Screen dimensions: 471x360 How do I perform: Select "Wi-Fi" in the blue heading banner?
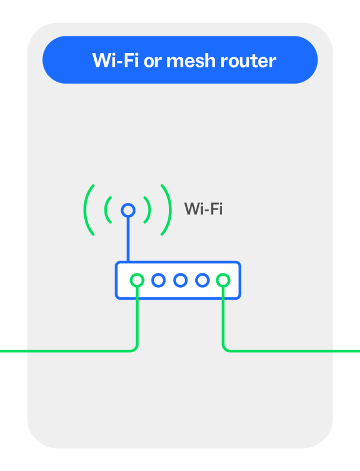pyautogui.click(x=116, y=60)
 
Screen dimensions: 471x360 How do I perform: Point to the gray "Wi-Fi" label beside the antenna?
pyautogui.click(x=204, y=209)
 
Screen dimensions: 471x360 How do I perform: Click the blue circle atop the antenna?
pyautogui.click(x=128, y=210)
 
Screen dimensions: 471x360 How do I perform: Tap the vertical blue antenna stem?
pyautogui.click(x=128, y=239)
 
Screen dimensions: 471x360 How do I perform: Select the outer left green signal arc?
pyautogui.click(x=88, y=210)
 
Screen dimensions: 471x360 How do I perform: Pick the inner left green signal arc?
pyautogui.click(x=108, y=210)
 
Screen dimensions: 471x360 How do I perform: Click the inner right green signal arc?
pyautogui.click(x=148, y=210)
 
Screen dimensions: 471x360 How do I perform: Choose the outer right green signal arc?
pyautogui.click(x=168, y=210)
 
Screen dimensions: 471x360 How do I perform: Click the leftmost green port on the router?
pyautogui.click(x=137, y=279)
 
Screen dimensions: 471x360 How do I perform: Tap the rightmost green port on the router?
pyautogui.click(x=223, y=279)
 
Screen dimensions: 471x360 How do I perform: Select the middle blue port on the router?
pyautogui.click(x=180, y=279)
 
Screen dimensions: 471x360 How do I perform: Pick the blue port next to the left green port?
pyautogui.click(x=159, y=279)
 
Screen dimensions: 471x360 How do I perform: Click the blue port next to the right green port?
pyautogui.click(x=202, y=279)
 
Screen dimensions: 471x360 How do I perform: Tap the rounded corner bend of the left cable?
pyautogui.click(x=136, y=348)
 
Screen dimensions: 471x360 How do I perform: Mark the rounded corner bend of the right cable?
pyautogui.click(x=225, y=348)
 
